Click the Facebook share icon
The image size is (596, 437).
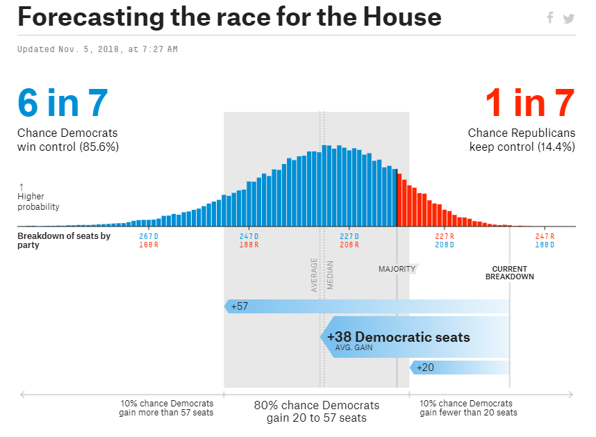click(x=550, y=18)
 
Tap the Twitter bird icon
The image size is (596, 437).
click(x=569, y=18)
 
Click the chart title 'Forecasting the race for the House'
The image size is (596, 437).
click(x=229, y=17)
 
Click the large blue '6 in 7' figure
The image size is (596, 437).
click(x=63, y=103)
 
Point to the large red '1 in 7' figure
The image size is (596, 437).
click(x=529, y=103)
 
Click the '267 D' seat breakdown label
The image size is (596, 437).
click(x=149, y=236)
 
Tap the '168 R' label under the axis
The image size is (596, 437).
click(x=149, y=245)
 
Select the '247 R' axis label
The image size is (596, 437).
click(x=545, y=236)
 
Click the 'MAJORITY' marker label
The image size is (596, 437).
click(x=397, y=269)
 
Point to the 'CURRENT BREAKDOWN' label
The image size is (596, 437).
click(x=509, y=273)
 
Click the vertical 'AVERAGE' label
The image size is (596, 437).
click(x=314, y=274)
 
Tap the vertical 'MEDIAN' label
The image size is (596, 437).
click(x=330, y=274)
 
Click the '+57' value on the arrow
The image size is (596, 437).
click(x=240, y=306)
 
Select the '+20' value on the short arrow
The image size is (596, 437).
click(x=425, y=368)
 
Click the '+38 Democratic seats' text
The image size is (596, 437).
click(x=398, y=338)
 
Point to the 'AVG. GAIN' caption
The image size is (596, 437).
click(x=354, y=347)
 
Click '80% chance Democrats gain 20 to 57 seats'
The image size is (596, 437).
click(x=316, y=411)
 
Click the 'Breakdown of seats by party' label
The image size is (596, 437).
click(x=64, y=240)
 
